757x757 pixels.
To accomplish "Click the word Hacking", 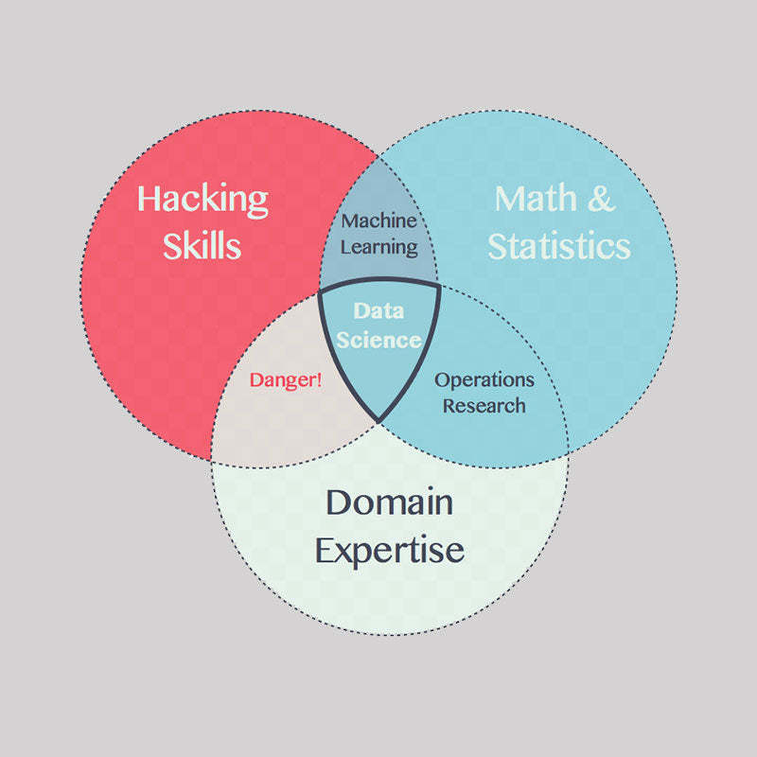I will tap(202, 200).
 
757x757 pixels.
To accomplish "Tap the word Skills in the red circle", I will tap(202, 245).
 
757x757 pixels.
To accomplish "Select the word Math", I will tap(536, 199).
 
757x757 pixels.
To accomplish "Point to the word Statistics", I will tap(558, 246).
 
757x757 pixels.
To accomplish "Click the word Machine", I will tap(378, 220).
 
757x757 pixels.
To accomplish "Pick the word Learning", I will tap(378, 247).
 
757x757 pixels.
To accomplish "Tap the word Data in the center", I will tap(378, 310).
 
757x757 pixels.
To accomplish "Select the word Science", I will tap(378, 339).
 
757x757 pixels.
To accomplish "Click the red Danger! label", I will tap(286, 380).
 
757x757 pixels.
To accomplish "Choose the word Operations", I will tap(484, 380).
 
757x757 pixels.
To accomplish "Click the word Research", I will tap(484, 405).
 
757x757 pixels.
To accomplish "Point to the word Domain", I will tap(389, 502).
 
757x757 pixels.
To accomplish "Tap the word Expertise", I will tap(389, 550).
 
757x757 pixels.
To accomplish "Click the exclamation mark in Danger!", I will tap(319, 380).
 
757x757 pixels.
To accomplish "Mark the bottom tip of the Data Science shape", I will tap(378, 421).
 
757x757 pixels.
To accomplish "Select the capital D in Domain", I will tap(340, 502).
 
